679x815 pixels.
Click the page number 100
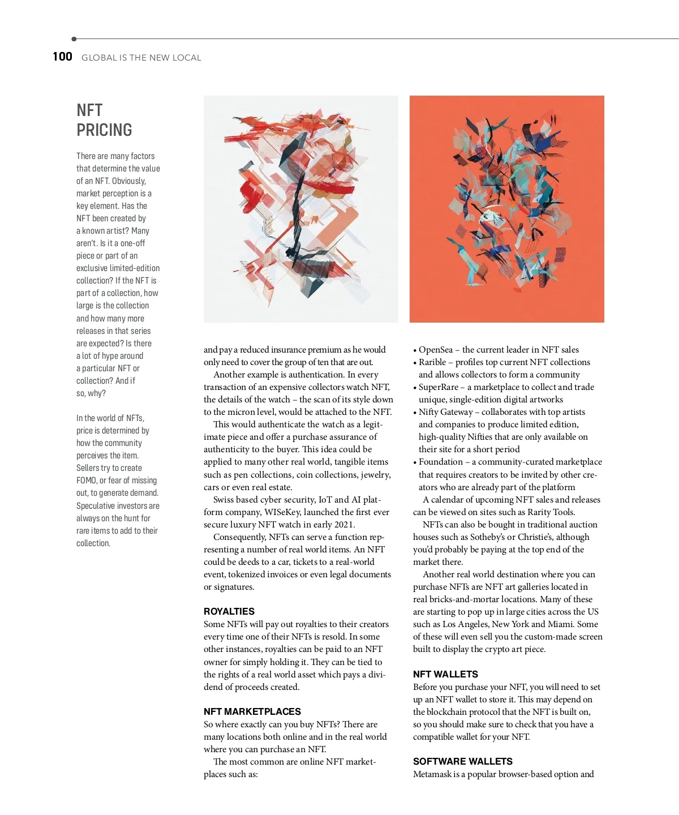(62, 57)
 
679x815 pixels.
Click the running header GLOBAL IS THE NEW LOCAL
(141, 58)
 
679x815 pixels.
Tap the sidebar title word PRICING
(104, 130)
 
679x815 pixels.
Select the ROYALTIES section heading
(229, 611)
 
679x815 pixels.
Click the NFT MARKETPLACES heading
(252, 711)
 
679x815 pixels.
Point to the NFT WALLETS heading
(445, 674)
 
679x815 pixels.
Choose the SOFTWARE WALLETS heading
(463, 761)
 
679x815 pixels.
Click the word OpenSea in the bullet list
(436, 350)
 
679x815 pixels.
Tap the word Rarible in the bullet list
(432, 362)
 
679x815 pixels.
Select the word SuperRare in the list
(439, 387)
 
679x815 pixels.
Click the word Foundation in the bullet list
(441, 462)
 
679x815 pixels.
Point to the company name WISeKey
(282, 512)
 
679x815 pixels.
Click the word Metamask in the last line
(432, 774)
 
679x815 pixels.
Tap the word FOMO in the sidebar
(87, 481)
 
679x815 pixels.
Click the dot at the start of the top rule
(74, 39)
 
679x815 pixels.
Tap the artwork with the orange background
(506, 209)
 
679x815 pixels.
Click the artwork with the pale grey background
(300, 209)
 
